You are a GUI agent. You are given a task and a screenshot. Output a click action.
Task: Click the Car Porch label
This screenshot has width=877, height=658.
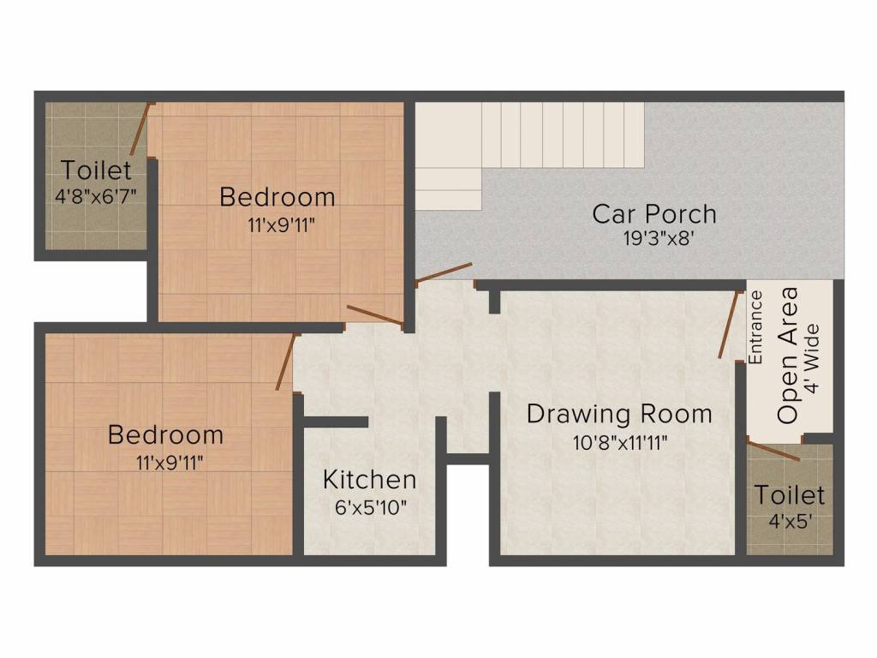(x=653, y=213)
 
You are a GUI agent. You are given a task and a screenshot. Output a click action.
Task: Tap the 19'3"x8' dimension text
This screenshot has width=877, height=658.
(x=659, y=239)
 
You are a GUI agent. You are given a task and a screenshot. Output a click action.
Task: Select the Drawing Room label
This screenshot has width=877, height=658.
(x=619, y=414)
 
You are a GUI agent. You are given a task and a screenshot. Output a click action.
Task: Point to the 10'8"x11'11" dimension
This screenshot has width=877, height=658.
(x=620, y=443)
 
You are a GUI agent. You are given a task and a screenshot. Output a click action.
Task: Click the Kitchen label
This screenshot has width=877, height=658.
(x=370, y=480)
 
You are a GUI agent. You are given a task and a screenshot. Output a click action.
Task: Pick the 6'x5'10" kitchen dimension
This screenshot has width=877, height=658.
(x=370, y=507)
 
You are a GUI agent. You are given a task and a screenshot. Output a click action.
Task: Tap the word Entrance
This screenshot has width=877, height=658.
(x=755, y=327)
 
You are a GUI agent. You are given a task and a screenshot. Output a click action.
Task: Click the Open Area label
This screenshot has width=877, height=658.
(x=787, y=356)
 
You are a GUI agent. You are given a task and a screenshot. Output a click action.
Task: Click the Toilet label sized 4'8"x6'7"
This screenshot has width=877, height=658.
(x=96, y=170)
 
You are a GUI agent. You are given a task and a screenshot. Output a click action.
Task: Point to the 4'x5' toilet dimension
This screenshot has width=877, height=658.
(x=790, y=522)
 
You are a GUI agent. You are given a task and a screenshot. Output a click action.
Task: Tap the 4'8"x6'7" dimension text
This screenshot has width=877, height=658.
(x=96, y=196)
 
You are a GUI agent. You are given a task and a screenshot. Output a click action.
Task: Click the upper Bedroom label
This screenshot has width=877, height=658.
(x=277, y=197)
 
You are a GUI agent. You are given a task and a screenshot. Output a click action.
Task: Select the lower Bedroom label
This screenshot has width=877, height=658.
(x=165, y=434)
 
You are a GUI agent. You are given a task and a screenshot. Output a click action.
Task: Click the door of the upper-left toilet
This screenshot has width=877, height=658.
(x=140, y=129)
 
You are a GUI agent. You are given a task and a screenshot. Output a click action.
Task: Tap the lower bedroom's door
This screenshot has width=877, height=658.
(x=285, y=362)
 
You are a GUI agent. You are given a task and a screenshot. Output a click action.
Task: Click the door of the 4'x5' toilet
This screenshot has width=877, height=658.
(x=773, y=451)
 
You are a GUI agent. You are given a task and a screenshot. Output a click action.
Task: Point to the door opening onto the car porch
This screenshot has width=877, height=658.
(x=444, y=273)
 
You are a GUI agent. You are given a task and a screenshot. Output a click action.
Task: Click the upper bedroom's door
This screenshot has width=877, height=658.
(x=375, y=315)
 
